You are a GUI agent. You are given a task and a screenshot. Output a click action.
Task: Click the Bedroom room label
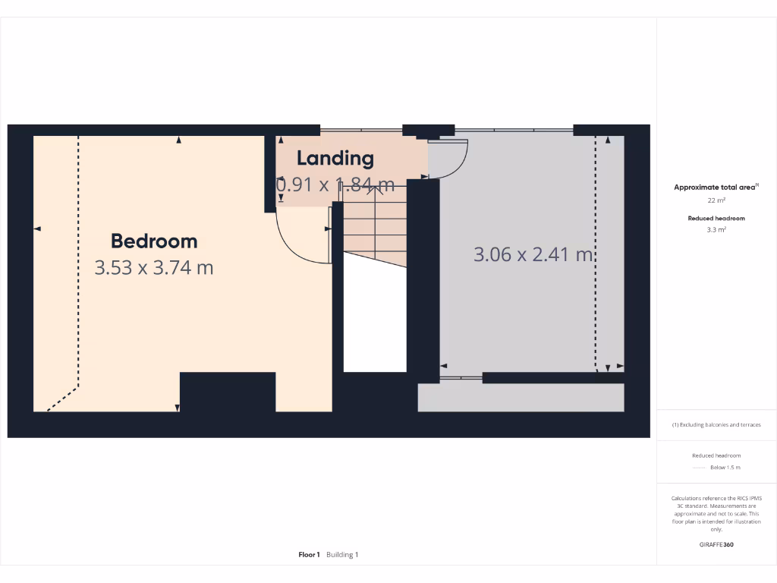pos(154,241)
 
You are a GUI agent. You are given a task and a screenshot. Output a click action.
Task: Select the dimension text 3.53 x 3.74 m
pos(154,267)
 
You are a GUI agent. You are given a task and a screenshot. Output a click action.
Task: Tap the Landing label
pos(335,158)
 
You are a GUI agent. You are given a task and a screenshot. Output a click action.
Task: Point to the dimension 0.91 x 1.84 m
pos(335,184)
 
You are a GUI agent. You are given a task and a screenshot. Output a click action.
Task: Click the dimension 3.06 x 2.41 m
pos(533,254)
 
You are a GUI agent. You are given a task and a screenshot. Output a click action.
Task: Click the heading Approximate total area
pos(716,187)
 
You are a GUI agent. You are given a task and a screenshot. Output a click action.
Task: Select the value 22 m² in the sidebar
pos(716,200)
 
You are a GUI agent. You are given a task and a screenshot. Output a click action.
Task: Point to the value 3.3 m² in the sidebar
pos(716,228)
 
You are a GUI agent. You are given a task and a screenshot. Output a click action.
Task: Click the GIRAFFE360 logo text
pos(716,544)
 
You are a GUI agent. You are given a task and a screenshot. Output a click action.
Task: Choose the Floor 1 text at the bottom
pos(310,555)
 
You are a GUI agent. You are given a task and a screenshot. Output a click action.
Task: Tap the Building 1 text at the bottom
pos(342,555)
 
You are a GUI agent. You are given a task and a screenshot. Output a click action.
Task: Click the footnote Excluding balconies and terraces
pos(716,425)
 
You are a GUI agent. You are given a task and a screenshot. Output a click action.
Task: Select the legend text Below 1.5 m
pos(725,468)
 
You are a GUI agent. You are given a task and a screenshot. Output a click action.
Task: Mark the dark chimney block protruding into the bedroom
pos(228,392)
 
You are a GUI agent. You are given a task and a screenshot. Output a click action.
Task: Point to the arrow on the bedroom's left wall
pos(36,228)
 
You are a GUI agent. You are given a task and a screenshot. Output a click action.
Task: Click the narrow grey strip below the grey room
pos(521,397)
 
